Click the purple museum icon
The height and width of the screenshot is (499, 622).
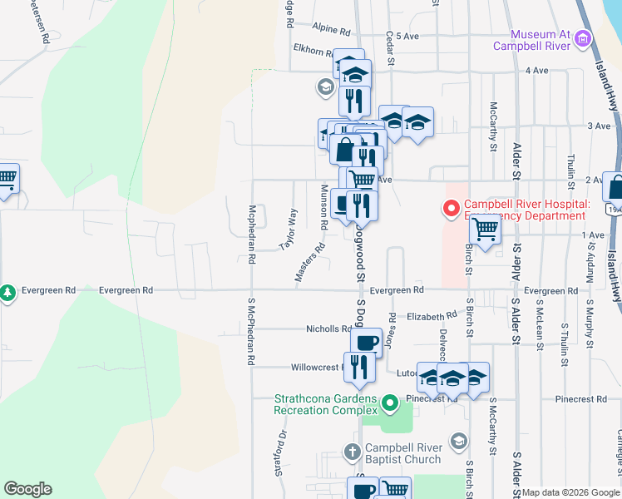[583, 38]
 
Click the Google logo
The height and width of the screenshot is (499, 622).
[27, 489]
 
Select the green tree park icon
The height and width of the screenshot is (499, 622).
[7, 293]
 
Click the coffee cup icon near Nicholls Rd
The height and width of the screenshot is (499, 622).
[366, 342]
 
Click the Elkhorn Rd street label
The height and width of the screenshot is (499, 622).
[312, 50]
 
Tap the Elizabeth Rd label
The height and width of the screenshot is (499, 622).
[432, 316]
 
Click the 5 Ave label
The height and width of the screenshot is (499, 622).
[407, 37]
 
